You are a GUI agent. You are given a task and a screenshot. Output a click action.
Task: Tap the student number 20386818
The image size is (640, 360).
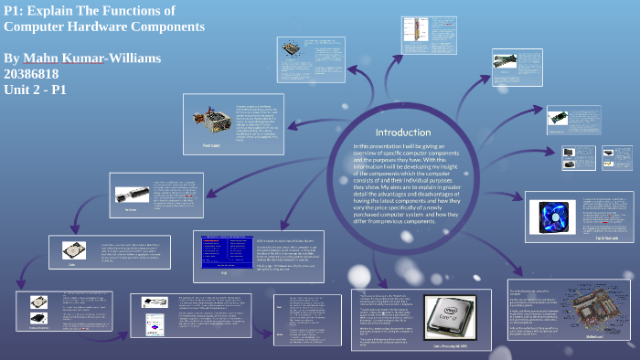coord(36,74)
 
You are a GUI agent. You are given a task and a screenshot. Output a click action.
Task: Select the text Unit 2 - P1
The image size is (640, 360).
coord(35,90)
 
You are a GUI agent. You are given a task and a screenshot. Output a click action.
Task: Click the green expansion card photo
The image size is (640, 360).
coord(560,117)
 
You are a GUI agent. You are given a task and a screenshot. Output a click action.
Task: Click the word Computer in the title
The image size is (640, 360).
coord(42,26)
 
